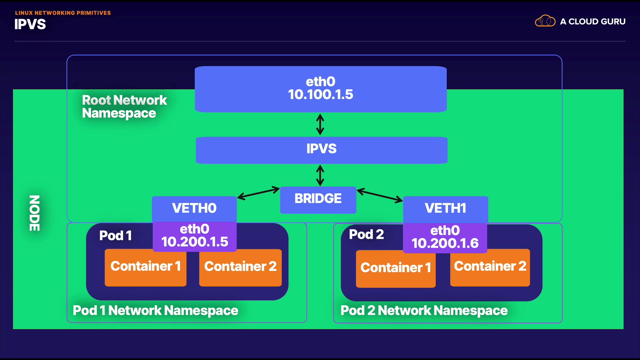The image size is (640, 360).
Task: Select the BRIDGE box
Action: (318, 199)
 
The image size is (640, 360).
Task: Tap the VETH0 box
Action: (194, 209)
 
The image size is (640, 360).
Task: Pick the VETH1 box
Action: (445, 209)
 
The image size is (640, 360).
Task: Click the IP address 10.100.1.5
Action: (320, 95)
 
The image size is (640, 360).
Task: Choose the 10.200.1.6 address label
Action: (445, 243)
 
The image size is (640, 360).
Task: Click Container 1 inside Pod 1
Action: (145, 267)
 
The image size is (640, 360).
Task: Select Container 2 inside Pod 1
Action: (240, 267)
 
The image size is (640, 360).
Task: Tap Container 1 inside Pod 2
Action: (396, 268)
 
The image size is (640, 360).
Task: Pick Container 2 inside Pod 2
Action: (490, 267)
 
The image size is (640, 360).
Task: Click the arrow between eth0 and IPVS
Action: (320, 124)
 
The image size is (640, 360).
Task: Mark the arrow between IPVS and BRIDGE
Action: (320, 175)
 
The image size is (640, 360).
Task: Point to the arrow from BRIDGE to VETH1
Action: (380, 196)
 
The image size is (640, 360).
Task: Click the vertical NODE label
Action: (35, 213)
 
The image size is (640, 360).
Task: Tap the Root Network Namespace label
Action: (124, 107)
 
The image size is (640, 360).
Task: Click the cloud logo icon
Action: (545, 21)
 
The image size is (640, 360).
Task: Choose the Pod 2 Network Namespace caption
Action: (424, 311)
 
